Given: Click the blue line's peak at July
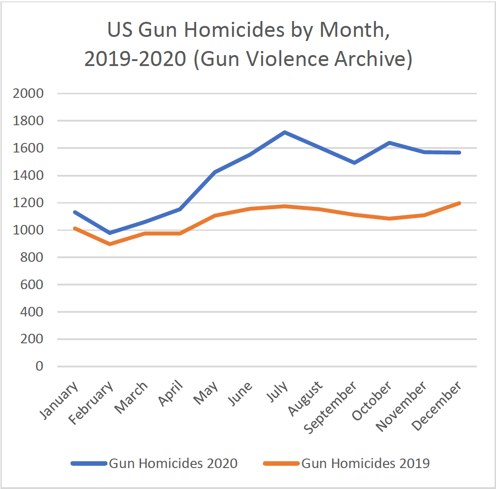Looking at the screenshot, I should pos(284,132).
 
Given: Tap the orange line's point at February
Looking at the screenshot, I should pos(110,244).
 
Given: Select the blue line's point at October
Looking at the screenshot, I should pos(390,143).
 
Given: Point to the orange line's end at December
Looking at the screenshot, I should pos(460,203).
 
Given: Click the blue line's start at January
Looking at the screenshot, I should pos(75,212).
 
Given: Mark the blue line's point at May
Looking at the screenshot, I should pos(214,172).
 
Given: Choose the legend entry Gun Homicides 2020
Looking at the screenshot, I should pos(173,463).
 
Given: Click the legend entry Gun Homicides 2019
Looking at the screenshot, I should pos(365,463).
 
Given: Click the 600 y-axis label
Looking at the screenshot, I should pos(33,285).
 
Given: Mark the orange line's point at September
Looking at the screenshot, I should pos(354,214).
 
